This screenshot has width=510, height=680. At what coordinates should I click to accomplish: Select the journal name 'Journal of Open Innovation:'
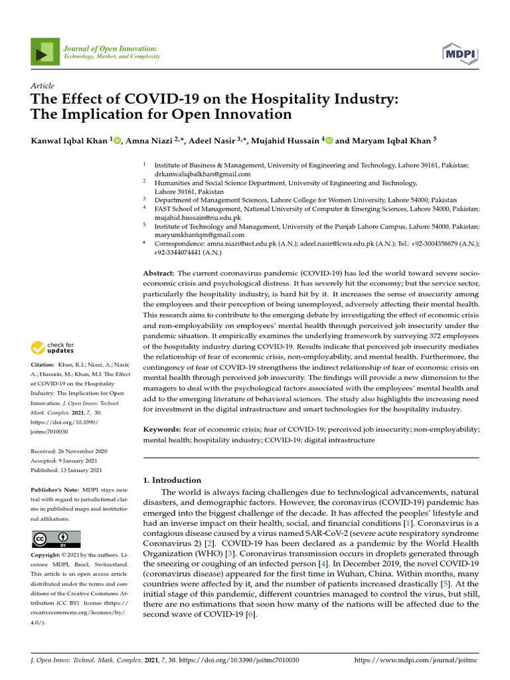tap(110, 48)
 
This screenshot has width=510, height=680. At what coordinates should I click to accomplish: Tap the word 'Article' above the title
tap(42, 86)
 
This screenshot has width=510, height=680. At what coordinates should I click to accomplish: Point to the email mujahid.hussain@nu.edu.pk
tap(198, 217)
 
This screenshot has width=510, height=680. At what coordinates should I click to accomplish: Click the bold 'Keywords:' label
tap(161, 430)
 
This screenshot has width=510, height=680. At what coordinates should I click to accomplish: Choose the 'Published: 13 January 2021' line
tap(67, 470)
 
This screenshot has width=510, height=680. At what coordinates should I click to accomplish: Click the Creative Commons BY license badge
tap(56, 539)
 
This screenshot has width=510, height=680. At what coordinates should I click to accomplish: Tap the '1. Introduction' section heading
tap(172, 480)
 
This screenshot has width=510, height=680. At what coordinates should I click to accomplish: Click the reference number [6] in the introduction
tap(250, 615)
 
